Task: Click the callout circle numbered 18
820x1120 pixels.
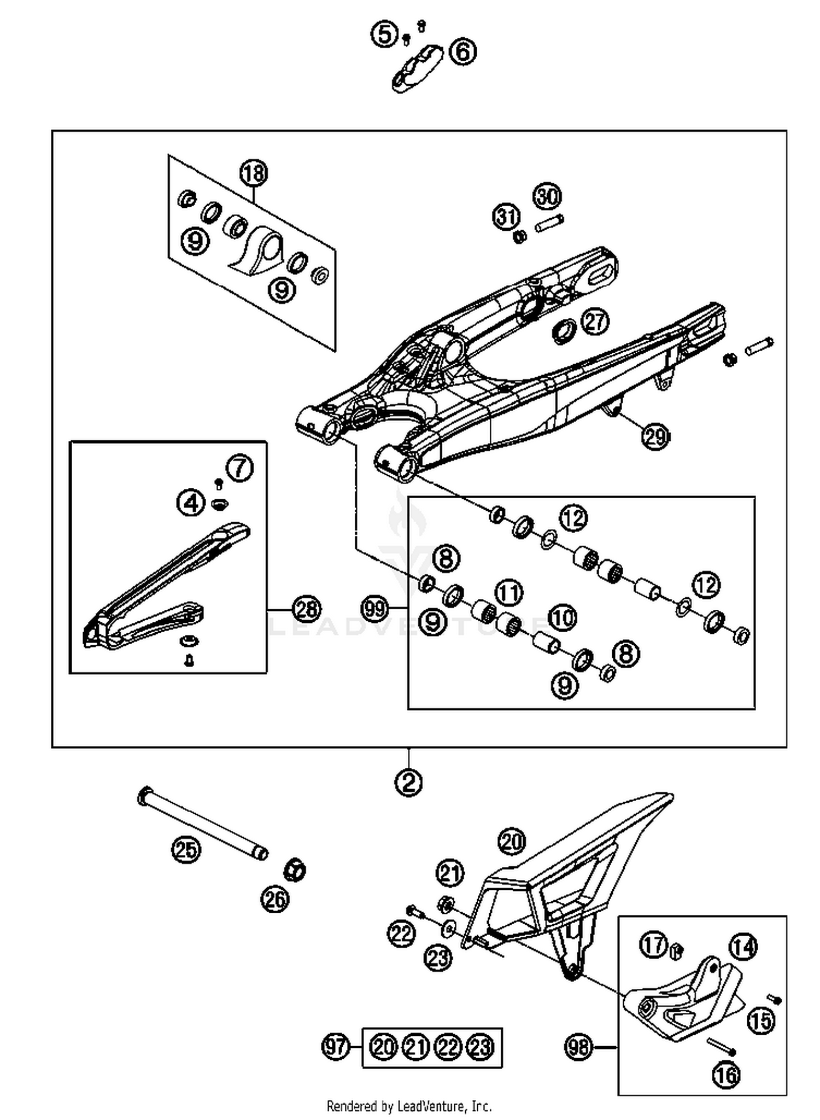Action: [254, 173]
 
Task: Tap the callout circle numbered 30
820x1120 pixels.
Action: [547, 196]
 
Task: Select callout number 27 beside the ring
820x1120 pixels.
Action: [595, 321]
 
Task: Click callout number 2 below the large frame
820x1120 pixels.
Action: [408, 783]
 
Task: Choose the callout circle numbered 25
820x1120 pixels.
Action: [186, 849]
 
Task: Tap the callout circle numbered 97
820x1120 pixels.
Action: [335, 1047]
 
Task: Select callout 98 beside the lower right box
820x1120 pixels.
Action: [578, 1047]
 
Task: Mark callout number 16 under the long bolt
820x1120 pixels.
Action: [727, 1075]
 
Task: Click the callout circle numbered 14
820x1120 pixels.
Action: [743, 947]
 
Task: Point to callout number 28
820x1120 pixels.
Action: [306, 609]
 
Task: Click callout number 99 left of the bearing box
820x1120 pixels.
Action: [376, 609]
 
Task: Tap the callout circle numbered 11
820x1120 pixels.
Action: [509, 593]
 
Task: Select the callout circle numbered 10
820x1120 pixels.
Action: [563, 617]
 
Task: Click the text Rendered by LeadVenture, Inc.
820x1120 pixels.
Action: [409, 1106]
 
